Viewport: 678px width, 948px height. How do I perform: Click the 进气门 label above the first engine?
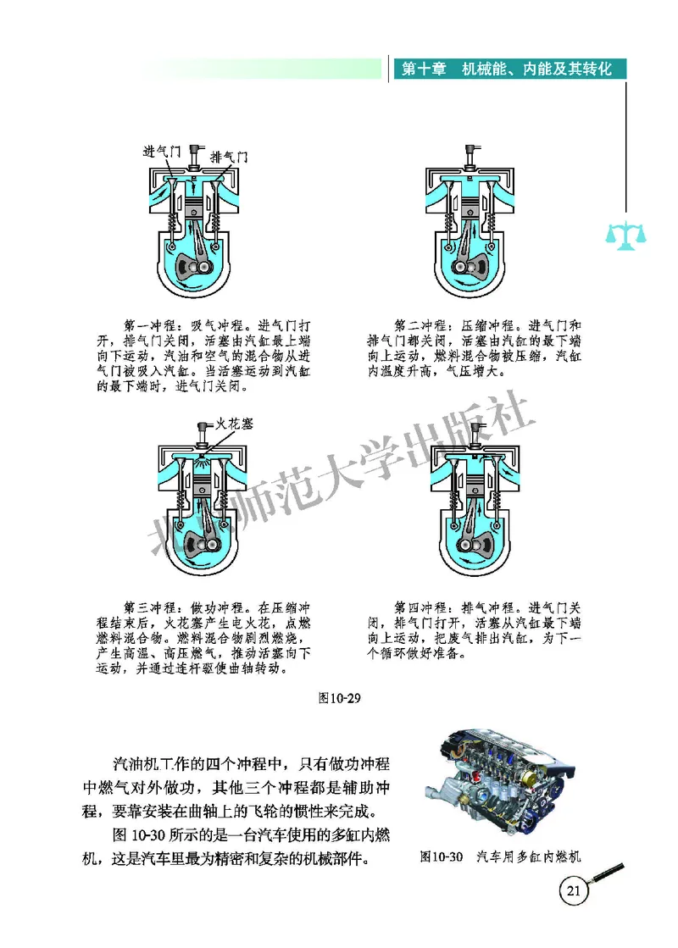tap(162, 152)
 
